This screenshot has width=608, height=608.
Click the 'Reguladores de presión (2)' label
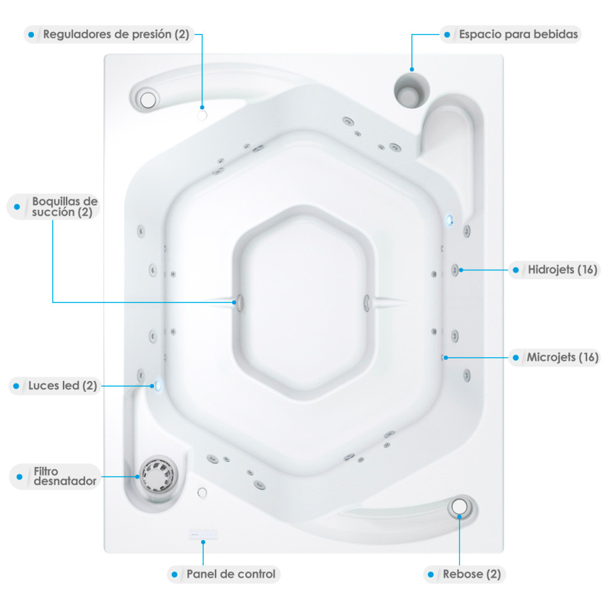[116, 34]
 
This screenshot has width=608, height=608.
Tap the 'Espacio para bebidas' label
[518, 34]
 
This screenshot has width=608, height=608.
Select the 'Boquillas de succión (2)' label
[65, 207]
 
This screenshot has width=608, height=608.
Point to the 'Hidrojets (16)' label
[562, 270]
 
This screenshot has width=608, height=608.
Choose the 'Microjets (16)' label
[562, 357]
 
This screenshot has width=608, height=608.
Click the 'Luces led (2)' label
[62, 386]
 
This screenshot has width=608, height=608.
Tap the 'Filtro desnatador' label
[65, 476]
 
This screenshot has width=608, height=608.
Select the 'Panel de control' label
[231, 574]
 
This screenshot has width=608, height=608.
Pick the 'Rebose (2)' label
[472, 574]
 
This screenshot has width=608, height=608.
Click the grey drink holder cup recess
[411, 91]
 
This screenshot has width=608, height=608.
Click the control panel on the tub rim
[204, 534]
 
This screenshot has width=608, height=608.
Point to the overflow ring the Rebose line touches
[460, 506]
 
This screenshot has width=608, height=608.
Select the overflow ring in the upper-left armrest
[148, 100]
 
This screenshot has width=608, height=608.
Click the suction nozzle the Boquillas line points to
[240, 303]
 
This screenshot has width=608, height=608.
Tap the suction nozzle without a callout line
[367, 303]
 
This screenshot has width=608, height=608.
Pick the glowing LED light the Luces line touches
[157, 385]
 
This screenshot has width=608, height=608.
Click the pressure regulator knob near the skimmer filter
[202, 492]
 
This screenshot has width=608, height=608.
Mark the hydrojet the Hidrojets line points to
[455, 270]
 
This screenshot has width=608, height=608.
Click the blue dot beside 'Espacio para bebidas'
[447, 35]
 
